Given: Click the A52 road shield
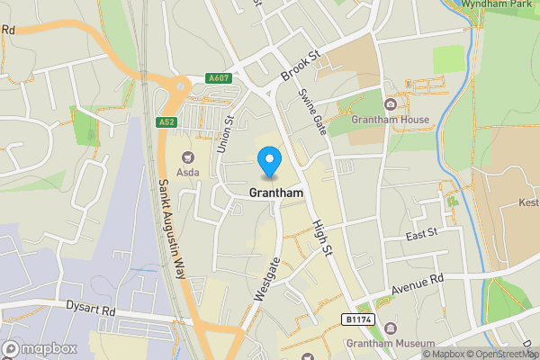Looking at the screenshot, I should pyautogui.click(x=165, y=122).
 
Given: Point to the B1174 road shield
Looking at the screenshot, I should pyautogui.click(x=358, y=319).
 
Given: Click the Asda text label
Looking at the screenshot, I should pyautogui.click(x=188, y=171).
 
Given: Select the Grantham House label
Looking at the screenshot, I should pyautogui.click(x=391, y=120).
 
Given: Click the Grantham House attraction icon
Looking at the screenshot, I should pyautogui.click(x=391, y=104).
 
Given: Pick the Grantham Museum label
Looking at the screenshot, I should pyautogui.click(x=391, y=344).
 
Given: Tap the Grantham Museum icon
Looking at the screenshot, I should pyautogui.click(x=391, y=328).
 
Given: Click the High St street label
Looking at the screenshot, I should pyautogui.click(x=322, y=237).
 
